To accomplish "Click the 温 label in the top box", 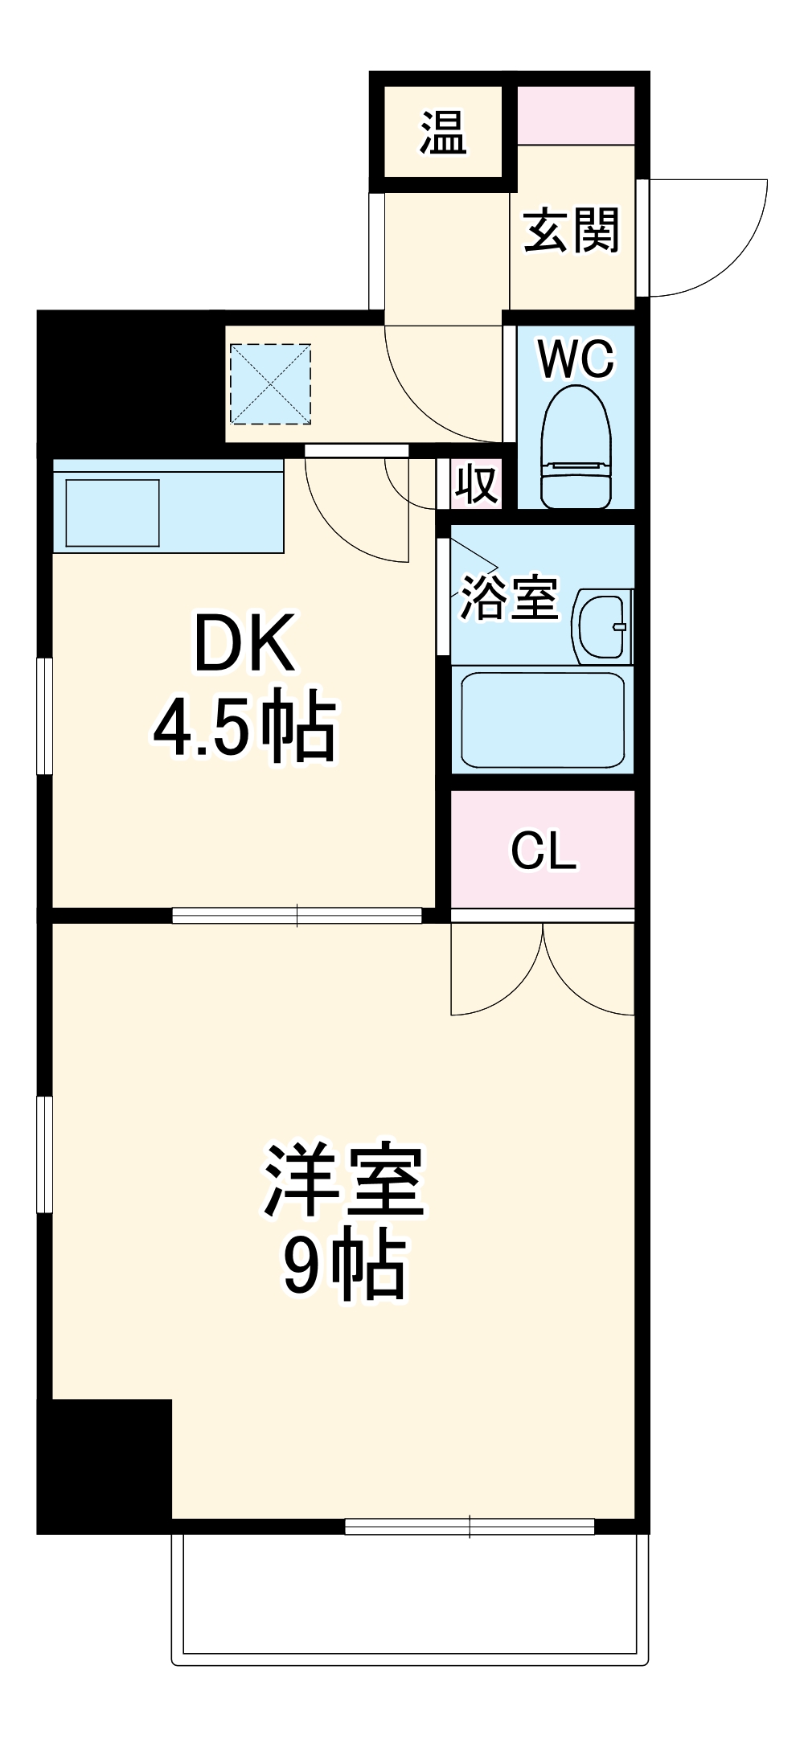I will pyautogui.click(x=443, y=133).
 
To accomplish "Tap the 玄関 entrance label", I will pyautogui.click(x=572, y=231).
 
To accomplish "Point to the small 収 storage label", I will pyautogui.click(x=477, y=484).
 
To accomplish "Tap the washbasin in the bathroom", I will pyautogui.click(x=604, y=628).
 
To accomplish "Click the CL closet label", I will pyautogui.click(x=544, y=851).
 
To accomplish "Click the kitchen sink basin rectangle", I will pyautogui.click(x=113, y=513).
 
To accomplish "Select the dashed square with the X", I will pyautogui.click(x=270, y=383).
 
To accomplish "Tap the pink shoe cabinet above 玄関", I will pyautogui.click(x=576, y=115).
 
